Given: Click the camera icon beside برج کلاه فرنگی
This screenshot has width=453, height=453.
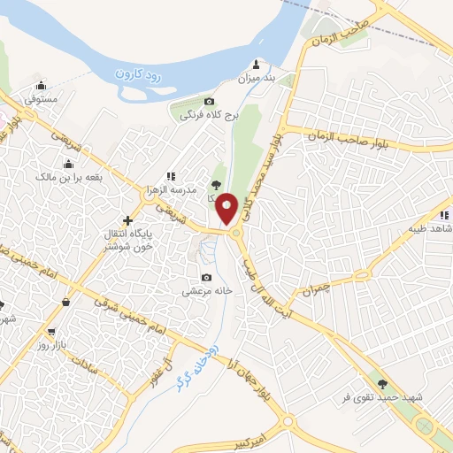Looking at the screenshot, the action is point(209,102).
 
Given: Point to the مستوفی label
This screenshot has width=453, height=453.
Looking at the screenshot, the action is point(42,99).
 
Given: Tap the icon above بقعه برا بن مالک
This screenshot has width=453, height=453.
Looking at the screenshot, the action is point(69,164).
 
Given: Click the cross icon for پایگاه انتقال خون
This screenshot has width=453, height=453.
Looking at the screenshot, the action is point(129,220).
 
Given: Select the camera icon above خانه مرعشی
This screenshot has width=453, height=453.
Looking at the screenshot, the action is point(208,275).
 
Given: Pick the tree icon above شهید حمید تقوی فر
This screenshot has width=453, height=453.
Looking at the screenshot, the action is point(382,384).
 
